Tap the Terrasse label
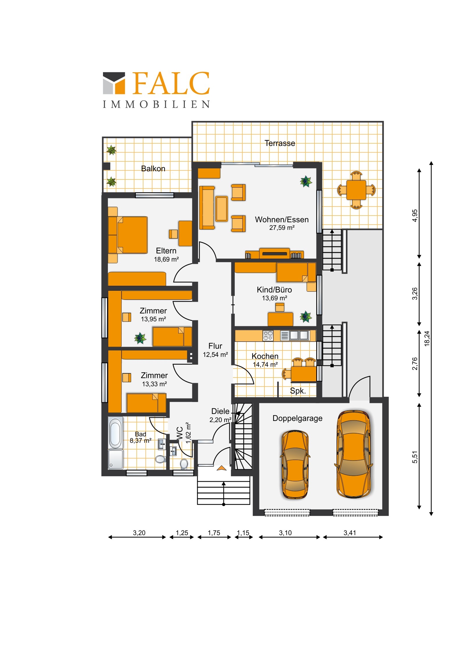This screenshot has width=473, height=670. click(x=280, y=143)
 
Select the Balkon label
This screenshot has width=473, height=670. click(x=153, y=169)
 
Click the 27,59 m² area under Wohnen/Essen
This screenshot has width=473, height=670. click(x=282, y=228)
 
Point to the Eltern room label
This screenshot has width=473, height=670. click(x=166, y=251)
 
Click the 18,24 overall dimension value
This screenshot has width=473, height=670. click(x=427, y=338)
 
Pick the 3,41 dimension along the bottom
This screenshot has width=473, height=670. click(x=350, y=533)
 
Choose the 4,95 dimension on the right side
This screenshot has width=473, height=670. click(x=415, y=216)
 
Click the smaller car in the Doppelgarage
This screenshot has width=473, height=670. click(x=295, y=464)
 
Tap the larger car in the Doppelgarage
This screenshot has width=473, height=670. click(x=354, y=454)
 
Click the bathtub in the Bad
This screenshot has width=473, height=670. click(x=115, y=433)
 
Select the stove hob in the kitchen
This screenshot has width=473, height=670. click(x=268, y=336)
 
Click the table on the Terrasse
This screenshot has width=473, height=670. click(x=356, y=190)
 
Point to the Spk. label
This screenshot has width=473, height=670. click(x=298, y=391)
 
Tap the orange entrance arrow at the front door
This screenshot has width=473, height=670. click(x=221, y=468)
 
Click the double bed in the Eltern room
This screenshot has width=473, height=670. click(x=128, y=235)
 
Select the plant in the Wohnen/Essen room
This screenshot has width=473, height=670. click(x=306, y=181)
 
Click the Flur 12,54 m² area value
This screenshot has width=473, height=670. click(x=215, y=355)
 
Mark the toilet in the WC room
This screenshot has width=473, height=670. click(x=184, y=464)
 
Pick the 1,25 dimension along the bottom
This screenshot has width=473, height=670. click(x=182, y=533)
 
